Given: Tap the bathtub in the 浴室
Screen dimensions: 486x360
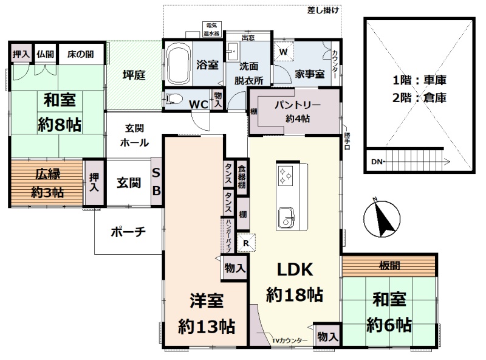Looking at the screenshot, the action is tap(178, 64).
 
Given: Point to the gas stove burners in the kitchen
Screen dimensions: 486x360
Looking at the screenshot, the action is tap(285, 176).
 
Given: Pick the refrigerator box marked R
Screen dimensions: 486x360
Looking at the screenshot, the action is tap(247, 243).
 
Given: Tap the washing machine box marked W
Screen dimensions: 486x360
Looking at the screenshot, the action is tap(283, 51).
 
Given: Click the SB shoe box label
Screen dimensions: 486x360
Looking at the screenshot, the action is tap(156, 182).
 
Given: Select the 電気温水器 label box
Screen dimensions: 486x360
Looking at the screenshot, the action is tap(211, 29).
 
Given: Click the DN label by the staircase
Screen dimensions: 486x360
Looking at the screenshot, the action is tap(377, 162).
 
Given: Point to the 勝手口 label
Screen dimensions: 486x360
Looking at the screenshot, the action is tap(347, 141).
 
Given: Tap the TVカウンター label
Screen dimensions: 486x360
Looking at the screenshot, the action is tap(290, 341).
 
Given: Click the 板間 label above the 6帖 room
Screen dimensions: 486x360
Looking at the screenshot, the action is tap(389, 265).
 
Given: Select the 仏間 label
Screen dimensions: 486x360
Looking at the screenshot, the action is tap(45, 54).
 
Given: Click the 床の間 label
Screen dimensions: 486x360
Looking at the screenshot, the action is tap(81, 54).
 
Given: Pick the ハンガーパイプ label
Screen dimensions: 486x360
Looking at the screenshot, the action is tap(228, 235).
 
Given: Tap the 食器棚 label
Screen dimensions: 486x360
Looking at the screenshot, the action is tap(242, 176).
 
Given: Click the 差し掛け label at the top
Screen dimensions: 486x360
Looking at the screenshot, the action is tap(323, 10).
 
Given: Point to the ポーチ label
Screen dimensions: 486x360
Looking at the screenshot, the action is tap(128, 232).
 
